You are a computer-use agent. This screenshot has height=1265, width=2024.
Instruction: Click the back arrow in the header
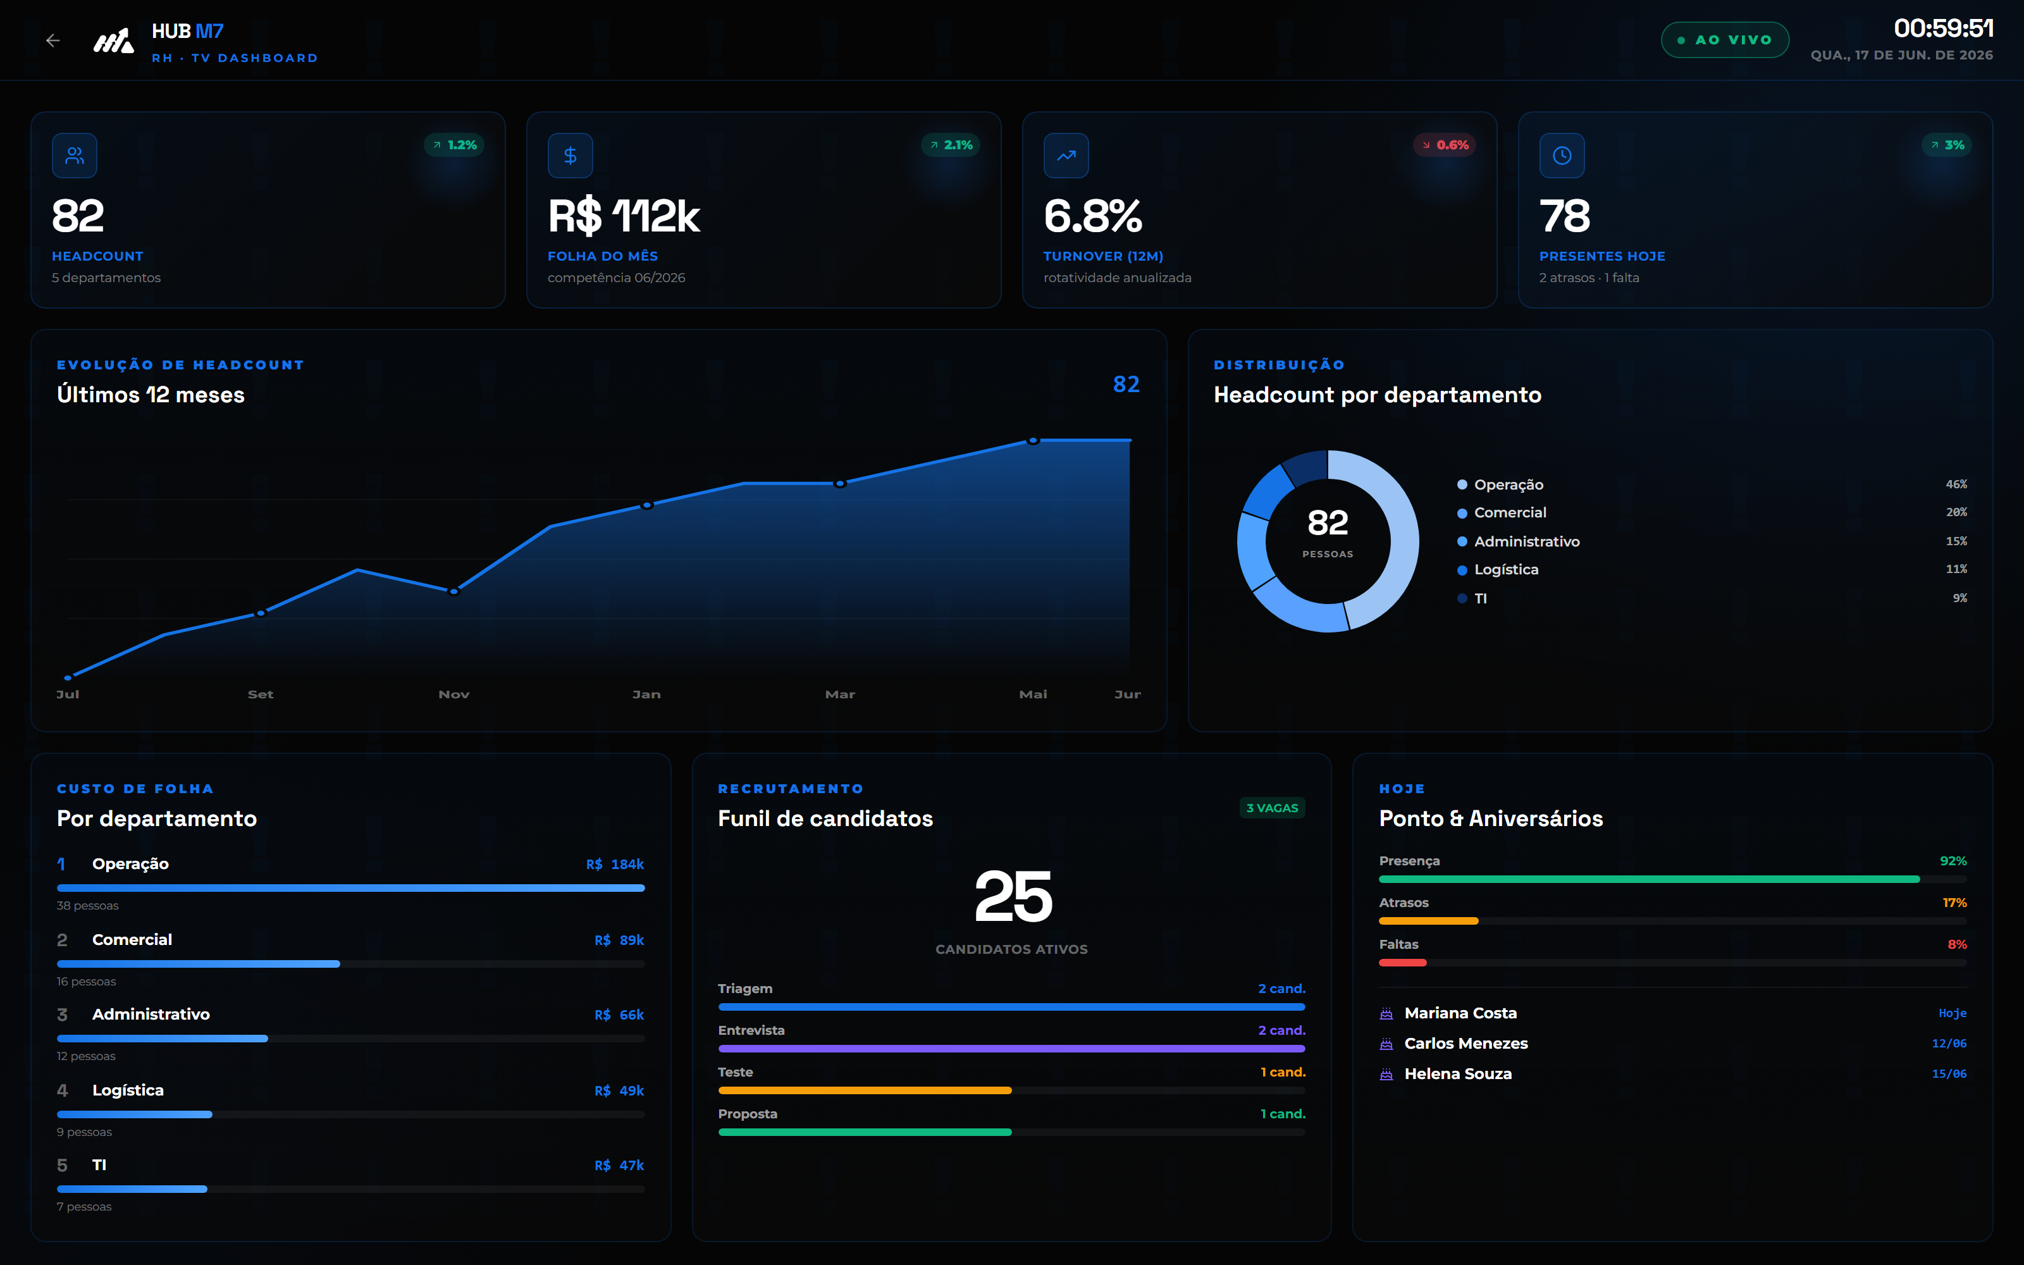(x=52, y=40)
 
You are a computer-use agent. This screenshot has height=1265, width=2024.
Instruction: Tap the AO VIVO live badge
(x=1725, y=40)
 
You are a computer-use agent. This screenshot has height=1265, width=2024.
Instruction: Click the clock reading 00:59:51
(x=1943, y=28)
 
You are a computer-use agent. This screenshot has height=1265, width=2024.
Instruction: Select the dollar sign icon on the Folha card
(x=571, y=156)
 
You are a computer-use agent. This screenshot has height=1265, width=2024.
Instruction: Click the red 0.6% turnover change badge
(x=1445, y=145)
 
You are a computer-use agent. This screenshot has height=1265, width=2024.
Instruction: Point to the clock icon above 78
(x=1562, y=156)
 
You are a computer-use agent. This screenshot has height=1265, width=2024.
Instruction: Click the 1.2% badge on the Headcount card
(x=454, y=145)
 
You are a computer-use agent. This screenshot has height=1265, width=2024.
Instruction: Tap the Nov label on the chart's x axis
(x=454, y=694)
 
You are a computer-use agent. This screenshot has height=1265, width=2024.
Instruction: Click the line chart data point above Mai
(x=1033, y=440)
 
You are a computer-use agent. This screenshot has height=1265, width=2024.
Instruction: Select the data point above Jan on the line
(x=646, y=505)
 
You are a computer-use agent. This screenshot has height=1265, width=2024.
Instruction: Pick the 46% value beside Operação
(x=1956, y=484)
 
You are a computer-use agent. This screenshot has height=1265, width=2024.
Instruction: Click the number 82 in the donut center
(x=1328, y=523)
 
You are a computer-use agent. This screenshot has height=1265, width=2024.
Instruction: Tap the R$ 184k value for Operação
(x=615, y=864)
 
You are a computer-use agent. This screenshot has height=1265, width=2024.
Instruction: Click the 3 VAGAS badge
(x=1272, y=808)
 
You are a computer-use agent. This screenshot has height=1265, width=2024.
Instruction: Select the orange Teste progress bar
(x=865, y=1090)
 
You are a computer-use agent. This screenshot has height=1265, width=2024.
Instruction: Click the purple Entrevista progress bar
(x=1011, y=1048)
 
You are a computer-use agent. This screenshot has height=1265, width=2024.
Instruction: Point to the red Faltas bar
(x=1403, y=963)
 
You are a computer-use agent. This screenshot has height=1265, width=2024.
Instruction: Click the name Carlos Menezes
(x=1466, y=1043)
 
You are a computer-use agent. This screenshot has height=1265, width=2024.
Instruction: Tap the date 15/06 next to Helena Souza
(x=1949, y=1074)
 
